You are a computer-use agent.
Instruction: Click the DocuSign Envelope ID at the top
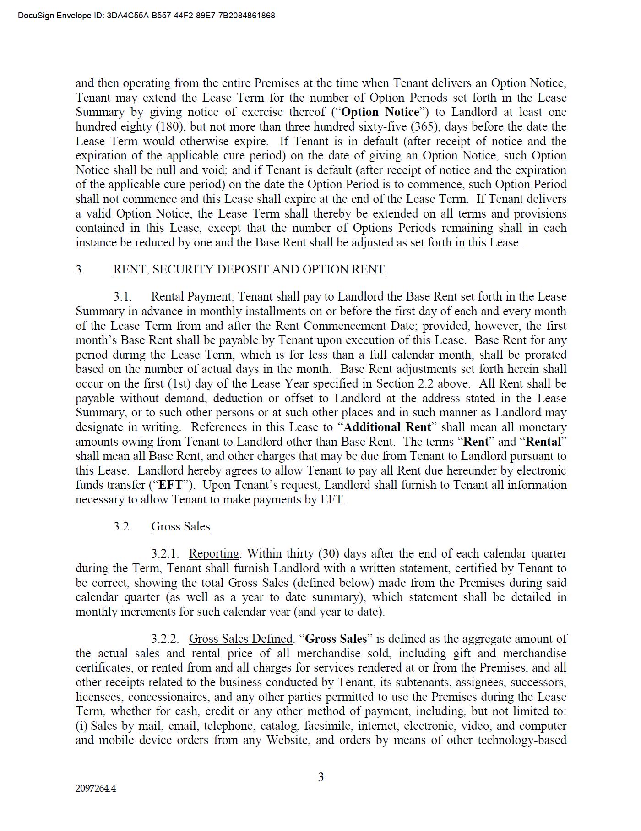coord(147,16)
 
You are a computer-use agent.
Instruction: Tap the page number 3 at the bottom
coord(320,776)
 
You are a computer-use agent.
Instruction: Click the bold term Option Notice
coord(380,112)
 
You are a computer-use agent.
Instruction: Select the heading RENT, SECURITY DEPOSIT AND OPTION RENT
coord(249,269)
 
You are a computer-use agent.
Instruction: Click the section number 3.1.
coord(123,297)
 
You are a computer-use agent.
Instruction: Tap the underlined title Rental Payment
coord(191,297)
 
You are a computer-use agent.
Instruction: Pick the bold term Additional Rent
coord(387,427)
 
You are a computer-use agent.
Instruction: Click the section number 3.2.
coord(123,527)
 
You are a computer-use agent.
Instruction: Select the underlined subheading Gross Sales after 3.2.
coord(181,527)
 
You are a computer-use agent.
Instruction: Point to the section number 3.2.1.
coord(165,554)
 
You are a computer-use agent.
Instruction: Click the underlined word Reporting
coord(214,554)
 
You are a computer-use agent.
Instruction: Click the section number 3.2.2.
coord(165,639)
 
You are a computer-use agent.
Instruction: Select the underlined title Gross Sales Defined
coord(240,639)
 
